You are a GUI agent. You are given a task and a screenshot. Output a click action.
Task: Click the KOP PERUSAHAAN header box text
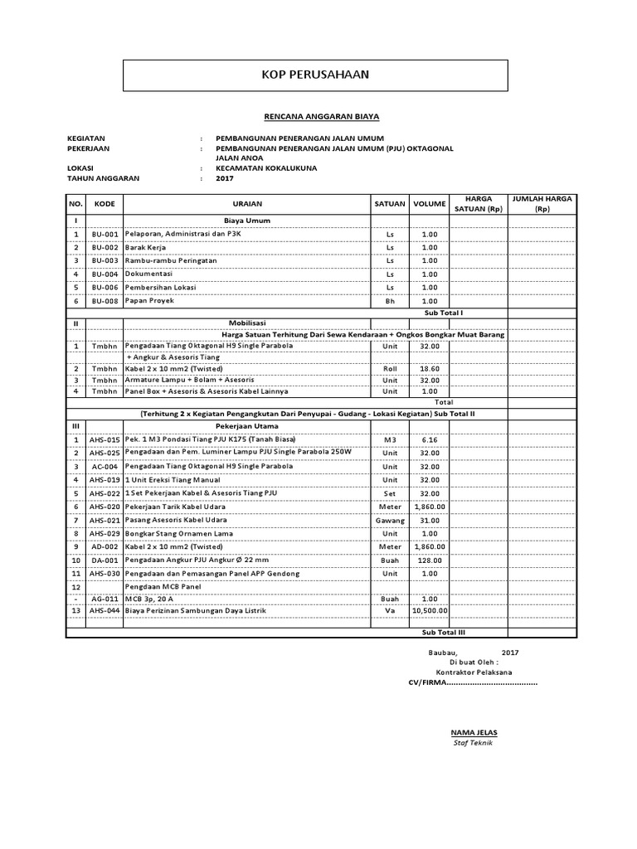point(315,75)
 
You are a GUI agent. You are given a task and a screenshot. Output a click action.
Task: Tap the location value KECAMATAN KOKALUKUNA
point(266,167)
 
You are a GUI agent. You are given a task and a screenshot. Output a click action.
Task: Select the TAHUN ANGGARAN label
point(103,178)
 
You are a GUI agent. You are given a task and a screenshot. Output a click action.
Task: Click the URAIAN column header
point(247,204)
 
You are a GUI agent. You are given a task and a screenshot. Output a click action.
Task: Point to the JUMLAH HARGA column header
point(542,204)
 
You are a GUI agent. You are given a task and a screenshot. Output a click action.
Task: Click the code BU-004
point(105,274)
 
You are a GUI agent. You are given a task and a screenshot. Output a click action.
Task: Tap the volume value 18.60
point(429,368)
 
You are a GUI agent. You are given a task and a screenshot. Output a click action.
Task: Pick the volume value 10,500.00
point(430,610)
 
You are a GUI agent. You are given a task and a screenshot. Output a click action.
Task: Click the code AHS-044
point(105,610)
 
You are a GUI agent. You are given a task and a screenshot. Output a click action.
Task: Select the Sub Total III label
point(444,632)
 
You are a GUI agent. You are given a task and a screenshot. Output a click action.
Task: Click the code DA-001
point(105,560)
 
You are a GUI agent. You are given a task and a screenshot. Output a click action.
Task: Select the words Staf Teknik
point(473,743)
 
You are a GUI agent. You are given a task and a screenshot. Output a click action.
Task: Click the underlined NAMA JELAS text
point(474,733)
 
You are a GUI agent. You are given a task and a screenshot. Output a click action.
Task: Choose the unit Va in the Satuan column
point(390,610)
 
